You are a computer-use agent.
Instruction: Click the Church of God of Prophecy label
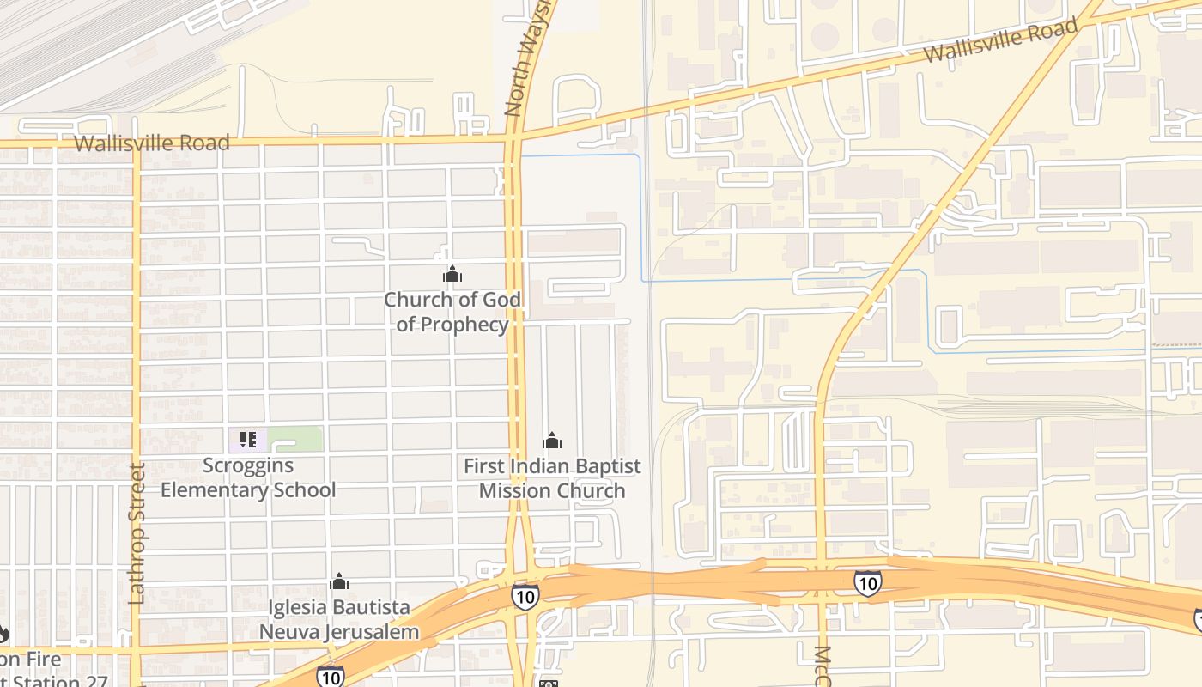(x=452, y=312)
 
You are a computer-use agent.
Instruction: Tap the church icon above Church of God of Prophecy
(x=452, y=275)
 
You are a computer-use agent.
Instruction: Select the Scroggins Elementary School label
(x=248, y=477)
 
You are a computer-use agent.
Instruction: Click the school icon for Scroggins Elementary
(x=248, y=441)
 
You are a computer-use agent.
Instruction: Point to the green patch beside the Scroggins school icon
(x=296, y=439)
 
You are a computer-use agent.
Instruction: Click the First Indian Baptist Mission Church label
(x=552, y=478)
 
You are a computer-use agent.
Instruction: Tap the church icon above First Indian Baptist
(x=552, y=441)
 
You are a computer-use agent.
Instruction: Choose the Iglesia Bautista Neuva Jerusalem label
(x=339, y=619)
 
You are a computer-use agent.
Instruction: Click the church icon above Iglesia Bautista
(x=339, y=581)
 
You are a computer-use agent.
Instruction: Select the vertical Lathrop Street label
(x=137, y=533)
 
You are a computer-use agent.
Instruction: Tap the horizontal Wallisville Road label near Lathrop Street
(x=152, y=143)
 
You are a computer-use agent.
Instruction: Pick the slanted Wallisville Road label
(x=1000, y=41)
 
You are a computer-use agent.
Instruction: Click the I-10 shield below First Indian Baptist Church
(x=525, y=596)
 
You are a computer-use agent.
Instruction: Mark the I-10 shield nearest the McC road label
(x=867, y=583)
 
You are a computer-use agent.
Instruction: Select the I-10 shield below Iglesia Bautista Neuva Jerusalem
(x=331, y=677)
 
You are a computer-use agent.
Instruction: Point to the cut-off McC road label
(x=822, y=666)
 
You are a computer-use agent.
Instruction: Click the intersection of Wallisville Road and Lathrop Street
(x=136, y=143)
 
